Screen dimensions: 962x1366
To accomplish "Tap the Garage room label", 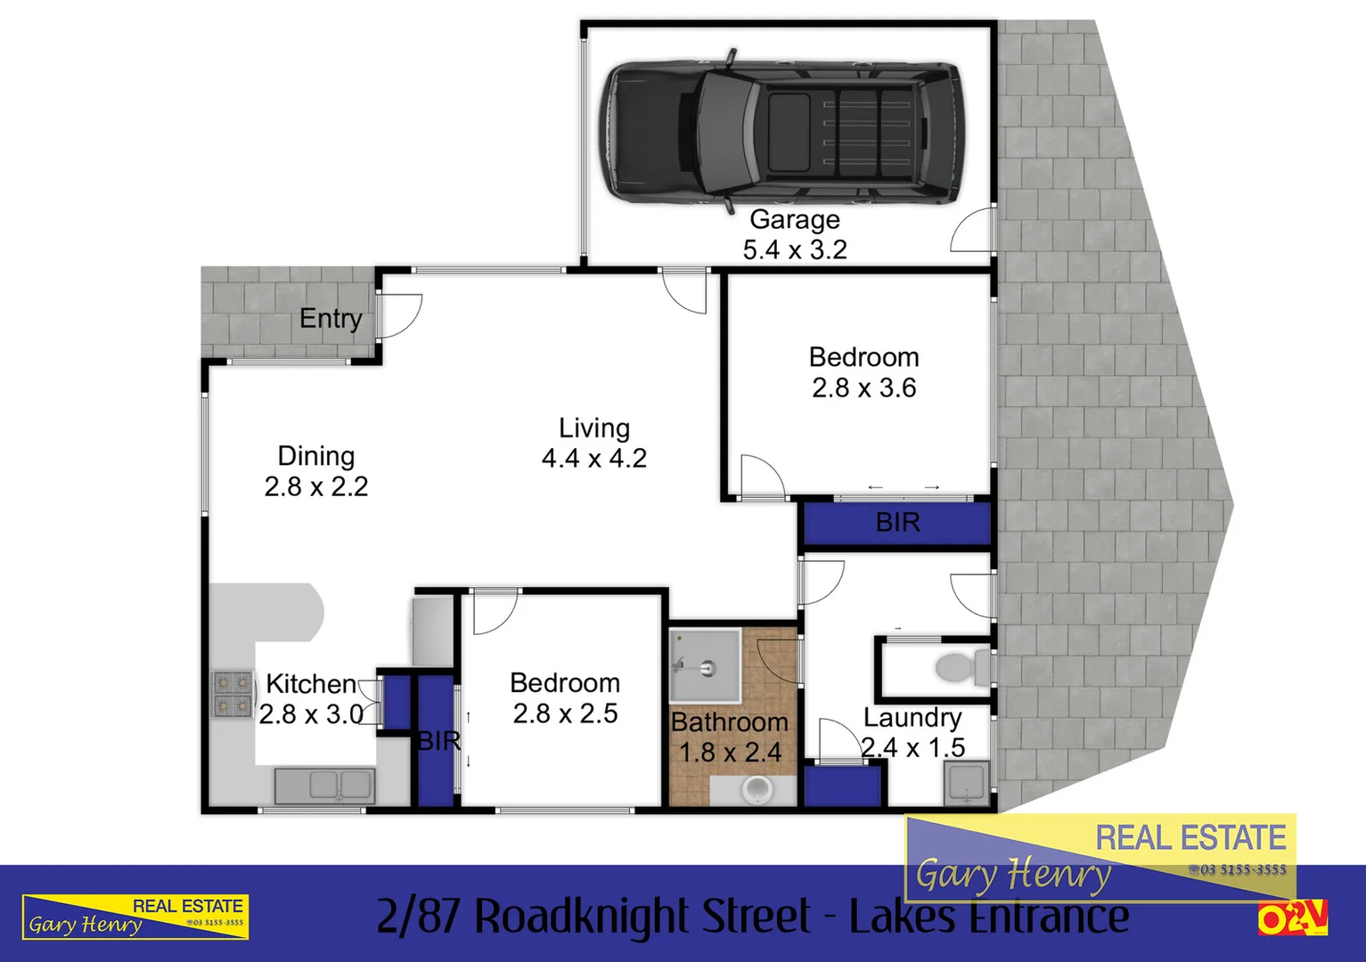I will click(794, 219).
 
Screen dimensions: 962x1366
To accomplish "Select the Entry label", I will click(331, 318).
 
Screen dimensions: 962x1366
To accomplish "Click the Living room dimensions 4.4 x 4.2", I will click(594, 459).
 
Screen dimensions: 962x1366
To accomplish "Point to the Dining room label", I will click(316, 456).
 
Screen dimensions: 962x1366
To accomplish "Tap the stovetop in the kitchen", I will click(233, 694).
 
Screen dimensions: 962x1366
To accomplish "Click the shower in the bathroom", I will click(705, 666).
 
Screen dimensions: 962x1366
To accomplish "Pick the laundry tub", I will click(967, 784).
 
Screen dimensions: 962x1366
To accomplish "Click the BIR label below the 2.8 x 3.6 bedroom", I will click(897, 522).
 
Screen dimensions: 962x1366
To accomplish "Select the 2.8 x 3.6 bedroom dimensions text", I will click(863, 388).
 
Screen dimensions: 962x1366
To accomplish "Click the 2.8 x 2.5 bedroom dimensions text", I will click(565, 713).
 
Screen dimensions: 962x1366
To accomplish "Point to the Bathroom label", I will click(729, 721).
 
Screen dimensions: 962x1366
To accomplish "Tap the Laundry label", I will click(912, 717).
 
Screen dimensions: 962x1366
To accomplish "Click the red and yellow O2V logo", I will click(1292, 917).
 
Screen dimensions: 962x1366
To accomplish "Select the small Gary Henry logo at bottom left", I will click(135, 917).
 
